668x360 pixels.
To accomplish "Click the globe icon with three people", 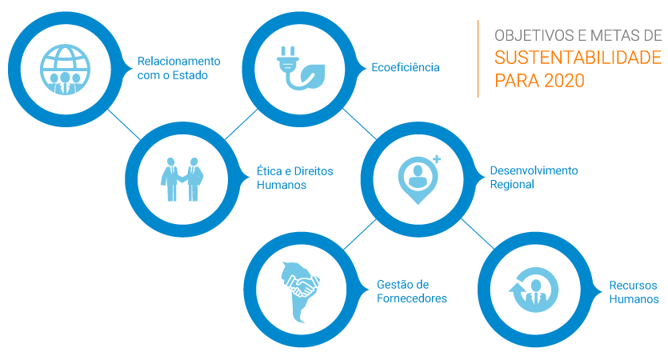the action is click(65, 70).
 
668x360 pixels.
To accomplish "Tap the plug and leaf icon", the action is click(301, 68).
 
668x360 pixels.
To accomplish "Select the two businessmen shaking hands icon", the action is click(182, 179).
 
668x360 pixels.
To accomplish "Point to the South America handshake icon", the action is click(300, 292).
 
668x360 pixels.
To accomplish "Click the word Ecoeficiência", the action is click(405, 67).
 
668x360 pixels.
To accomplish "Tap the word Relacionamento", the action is click(178, 61).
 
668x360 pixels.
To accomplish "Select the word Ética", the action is click(270, 171).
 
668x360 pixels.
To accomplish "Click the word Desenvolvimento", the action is click(534, 170).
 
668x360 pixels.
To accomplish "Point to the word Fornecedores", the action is click(411, 298).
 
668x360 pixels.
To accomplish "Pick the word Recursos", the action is click(633, 285).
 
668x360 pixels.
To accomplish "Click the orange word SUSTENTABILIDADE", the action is click(578, 58).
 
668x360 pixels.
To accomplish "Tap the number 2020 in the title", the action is click(564, 81).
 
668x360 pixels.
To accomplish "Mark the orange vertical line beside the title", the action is click(478, 58).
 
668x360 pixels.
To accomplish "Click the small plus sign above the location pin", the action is click(437, 159).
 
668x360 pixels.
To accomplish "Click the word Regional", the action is click(512, 185).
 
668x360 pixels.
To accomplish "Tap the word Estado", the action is click(190, 75).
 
